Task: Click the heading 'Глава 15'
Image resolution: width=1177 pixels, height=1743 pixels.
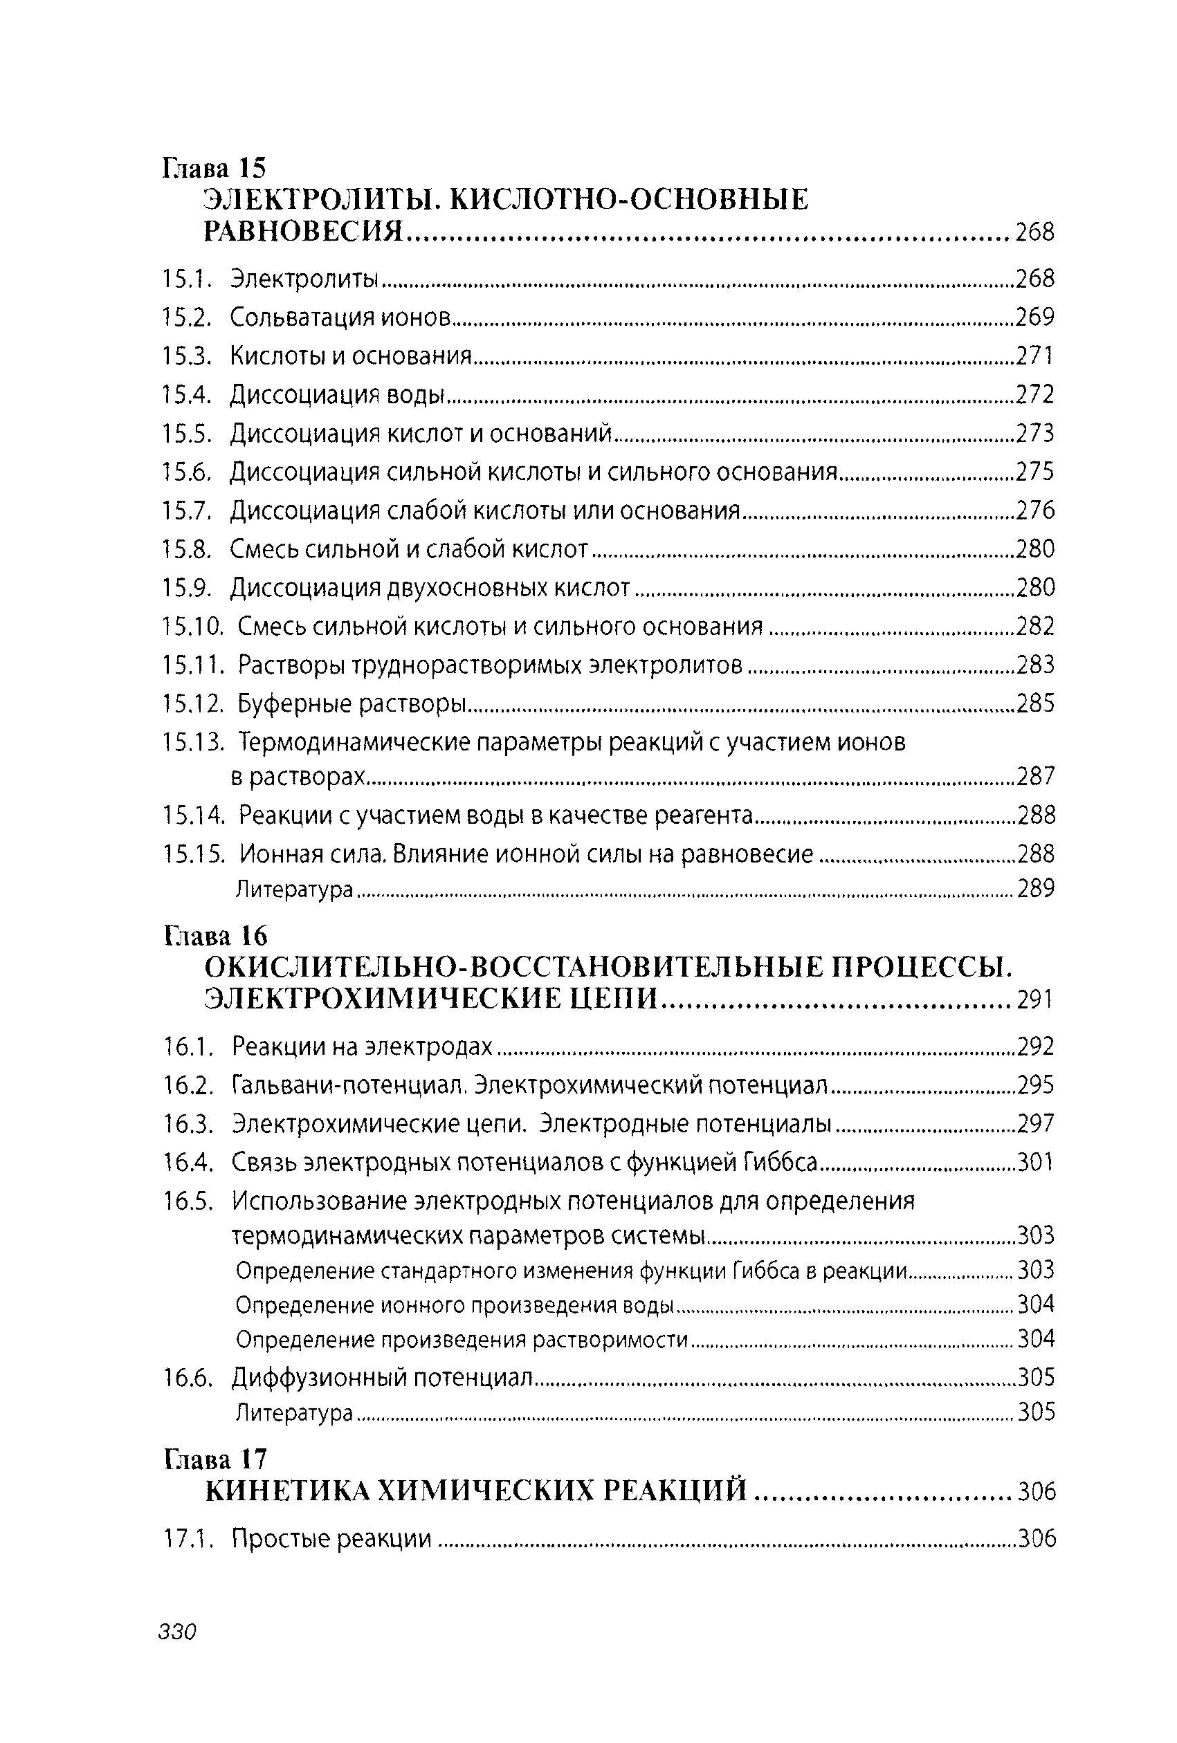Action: (215, 167)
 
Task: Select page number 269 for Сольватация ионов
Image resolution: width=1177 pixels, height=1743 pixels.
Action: (1035, 317)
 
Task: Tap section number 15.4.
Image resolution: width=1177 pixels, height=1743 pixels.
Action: (186, 394)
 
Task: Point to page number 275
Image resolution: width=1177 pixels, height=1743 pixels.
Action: (1035, 472)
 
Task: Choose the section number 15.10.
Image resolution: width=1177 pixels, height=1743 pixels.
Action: (193, 626)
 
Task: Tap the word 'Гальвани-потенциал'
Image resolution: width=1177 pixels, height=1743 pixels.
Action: (350, 1085)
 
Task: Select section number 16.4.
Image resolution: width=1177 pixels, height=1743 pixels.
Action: (188, 1163)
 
